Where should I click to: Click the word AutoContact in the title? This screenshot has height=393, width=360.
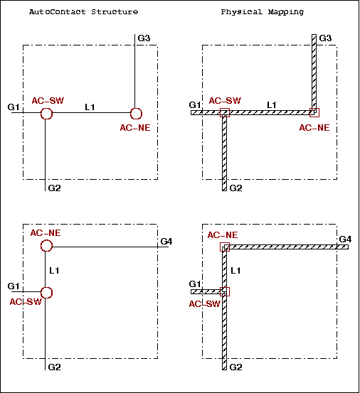[x=58, y=12]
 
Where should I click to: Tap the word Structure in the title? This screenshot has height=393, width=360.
[x=115, y=12]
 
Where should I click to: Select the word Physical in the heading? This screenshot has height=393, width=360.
[x=242, y=12]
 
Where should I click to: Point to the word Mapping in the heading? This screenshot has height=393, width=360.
[x=286, y=12]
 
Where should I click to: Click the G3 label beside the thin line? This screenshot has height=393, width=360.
[x=144, y=38]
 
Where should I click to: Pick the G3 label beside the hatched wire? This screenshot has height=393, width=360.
[x=325, y=38]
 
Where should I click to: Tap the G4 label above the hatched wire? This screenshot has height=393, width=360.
[x=345, y=239]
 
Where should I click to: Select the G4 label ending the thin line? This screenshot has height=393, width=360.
[x=166, y=242]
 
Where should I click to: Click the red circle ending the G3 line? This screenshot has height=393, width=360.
[x=136, y=114]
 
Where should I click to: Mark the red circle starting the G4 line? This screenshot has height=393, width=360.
[x=46, y=246]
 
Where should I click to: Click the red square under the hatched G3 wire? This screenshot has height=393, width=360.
[x=314, y=112]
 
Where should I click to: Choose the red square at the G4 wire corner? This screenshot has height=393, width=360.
[x=225, y=247]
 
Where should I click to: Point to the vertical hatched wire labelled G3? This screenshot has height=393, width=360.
[x=314, y=73]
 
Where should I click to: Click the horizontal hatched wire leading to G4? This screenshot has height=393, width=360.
[x=286, y=247]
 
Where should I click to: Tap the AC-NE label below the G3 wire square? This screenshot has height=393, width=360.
[x=314, y=128]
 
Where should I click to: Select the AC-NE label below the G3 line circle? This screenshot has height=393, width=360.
[x=135, y=128]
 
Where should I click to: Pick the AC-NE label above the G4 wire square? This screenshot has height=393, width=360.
[x=223, y=235]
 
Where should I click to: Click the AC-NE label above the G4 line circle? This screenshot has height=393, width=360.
[x=46, y=233]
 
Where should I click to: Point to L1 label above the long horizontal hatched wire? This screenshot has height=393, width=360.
[x=272, y=104]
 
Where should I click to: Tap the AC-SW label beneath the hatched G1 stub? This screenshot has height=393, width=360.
[x=204, y=304]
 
